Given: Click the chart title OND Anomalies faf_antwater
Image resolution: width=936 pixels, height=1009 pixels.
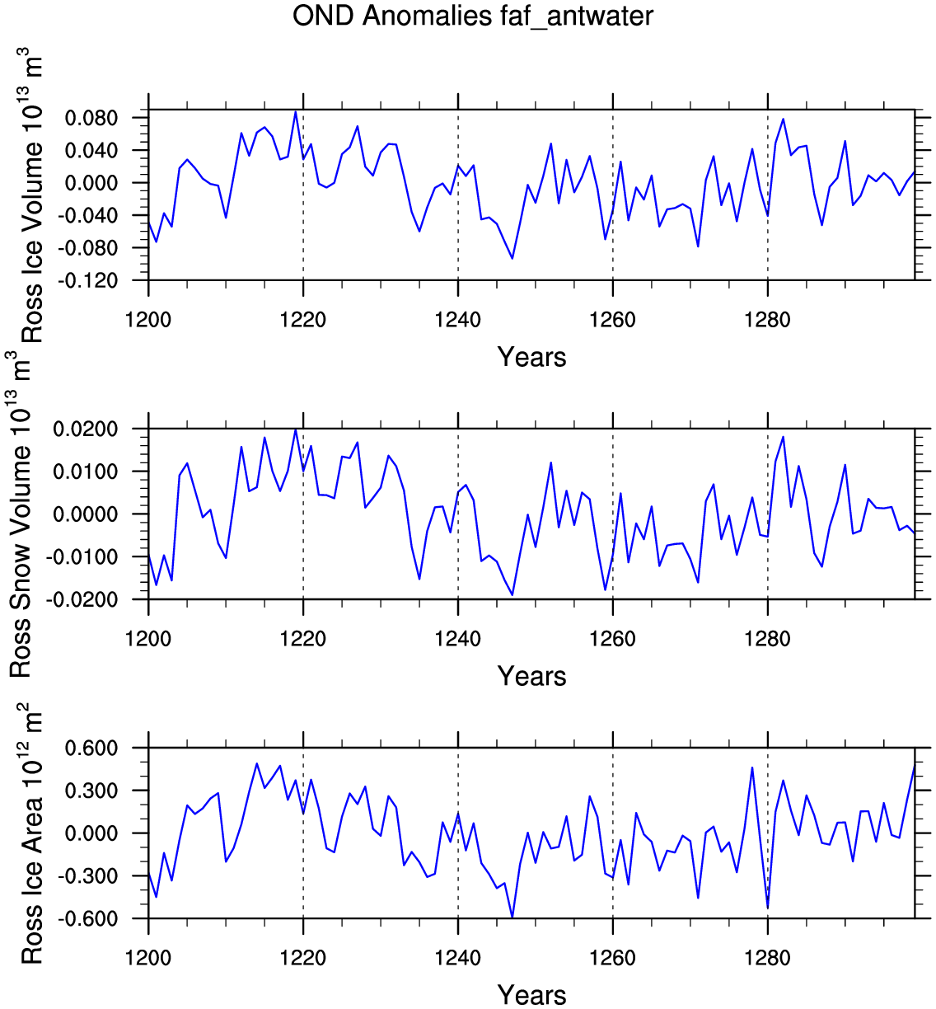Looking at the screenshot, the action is [x=472, y=16].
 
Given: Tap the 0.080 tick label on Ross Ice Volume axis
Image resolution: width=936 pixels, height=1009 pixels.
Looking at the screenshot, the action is [x=91, y=119].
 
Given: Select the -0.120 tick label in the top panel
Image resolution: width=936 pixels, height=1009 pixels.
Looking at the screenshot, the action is [x=87, y=280].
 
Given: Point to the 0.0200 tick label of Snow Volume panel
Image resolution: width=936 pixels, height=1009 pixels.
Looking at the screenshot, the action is [x=86, y=429].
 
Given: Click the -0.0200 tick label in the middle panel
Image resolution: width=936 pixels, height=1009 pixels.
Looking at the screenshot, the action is [x=82, y=600].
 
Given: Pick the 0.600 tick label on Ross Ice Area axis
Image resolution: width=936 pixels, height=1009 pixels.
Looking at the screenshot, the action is [x=91, y=749].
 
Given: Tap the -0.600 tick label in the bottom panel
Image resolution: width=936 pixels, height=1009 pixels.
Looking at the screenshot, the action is [x=87, y=919].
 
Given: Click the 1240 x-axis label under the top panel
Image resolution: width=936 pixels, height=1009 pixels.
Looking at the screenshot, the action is [x=457, y=320].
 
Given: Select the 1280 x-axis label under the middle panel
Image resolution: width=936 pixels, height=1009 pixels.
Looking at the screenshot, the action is [x=767, y=639].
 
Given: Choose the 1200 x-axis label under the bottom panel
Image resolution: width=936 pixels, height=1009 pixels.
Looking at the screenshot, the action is [x=148, y=958].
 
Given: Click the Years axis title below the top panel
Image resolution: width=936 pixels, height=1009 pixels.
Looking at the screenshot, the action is [x=531, y=357].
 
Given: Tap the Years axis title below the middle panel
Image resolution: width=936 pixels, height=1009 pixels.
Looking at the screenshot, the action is [x=531, y=676].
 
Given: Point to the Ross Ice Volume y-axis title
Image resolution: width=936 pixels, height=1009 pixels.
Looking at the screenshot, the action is [x=31, y=195].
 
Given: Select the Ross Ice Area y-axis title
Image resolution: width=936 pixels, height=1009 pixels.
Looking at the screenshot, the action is [x=31, y=833].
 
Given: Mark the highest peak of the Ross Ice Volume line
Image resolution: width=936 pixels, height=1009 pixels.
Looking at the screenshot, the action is [x=296, y=112].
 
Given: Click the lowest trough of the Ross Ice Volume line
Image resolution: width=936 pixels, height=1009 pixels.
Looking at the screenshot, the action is [x=512, y=259].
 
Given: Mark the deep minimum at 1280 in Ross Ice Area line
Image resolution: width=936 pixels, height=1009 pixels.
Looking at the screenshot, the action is [x=767, y=908].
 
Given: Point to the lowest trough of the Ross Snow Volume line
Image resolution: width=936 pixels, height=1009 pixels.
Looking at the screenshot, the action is [x=512, y=595].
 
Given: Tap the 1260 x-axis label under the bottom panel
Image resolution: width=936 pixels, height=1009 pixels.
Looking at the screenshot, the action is [x=612, y=958].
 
